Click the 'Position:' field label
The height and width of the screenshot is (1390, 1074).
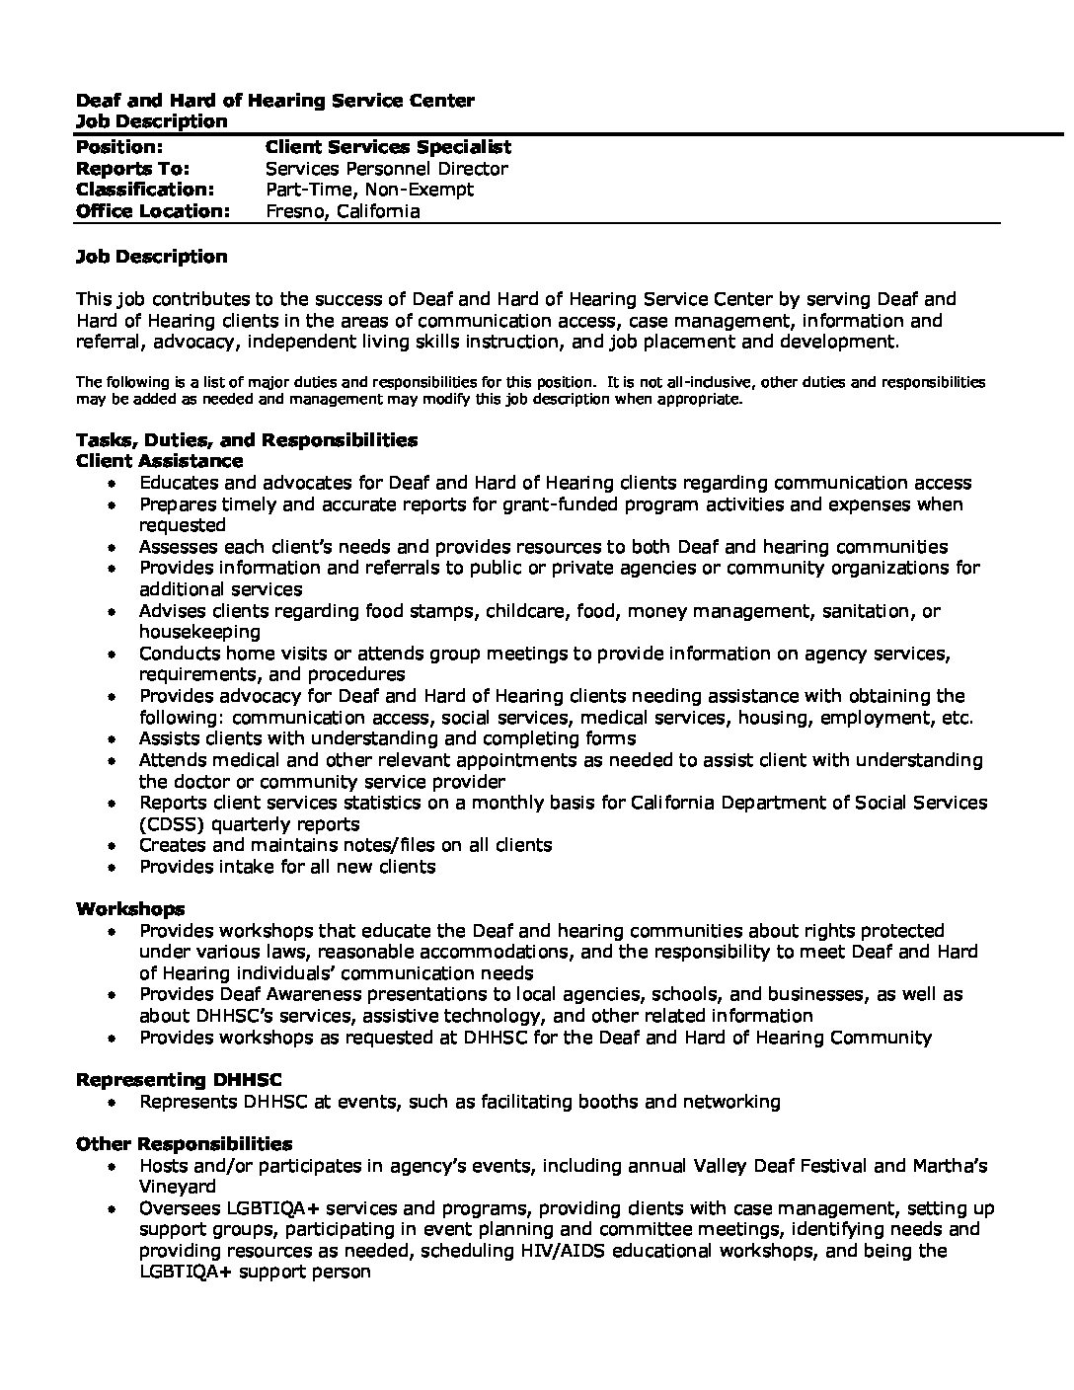click(119, 147)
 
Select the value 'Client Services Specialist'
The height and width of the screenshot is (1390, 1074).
click(388, 147)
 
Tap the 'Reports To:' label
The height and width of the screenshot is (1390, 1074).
click(132, 169)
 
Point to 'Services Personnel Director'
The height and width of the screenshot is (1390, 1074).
click(387, 169)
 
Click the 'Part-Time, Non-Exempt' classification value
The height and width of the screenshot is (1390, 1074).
click(369, 190)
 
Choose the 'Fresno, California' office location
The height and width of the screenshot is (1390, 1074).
click(343, 211)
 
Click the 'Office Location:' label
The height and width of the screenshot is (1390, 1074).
click(153, 211)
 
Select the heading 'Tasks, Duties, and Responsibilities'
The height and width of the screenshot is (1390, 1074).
click(247, 440)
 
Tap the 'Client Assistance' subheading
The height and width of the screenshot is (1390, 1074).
click(159, 461)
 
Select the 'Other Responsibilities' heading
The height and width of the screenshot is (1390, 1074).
click(184, 1144)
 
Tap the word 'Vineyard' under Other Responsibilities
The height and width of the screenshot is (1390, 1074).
click(177, 1188)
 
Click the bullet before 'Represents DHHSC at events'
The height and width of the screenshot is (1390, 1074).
click(115, 1103)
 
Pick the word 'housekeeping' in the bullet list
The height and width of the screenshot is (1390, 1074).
click(199, 632)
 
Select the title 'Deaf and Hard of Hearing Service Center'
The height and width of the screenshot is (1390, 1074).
click(275, 101)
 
